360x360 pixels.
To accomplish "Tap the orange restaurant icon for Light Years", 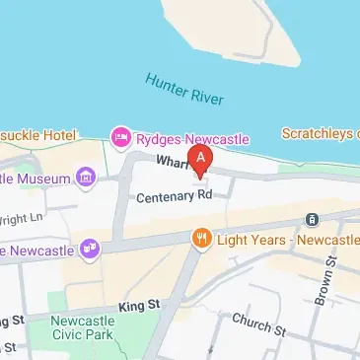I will (x=201, y=239).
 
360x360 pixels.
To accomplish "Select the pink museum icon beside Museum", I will (x=86, y=179).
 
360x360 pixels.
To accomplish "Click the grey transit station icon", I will (x=313, y=219).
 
